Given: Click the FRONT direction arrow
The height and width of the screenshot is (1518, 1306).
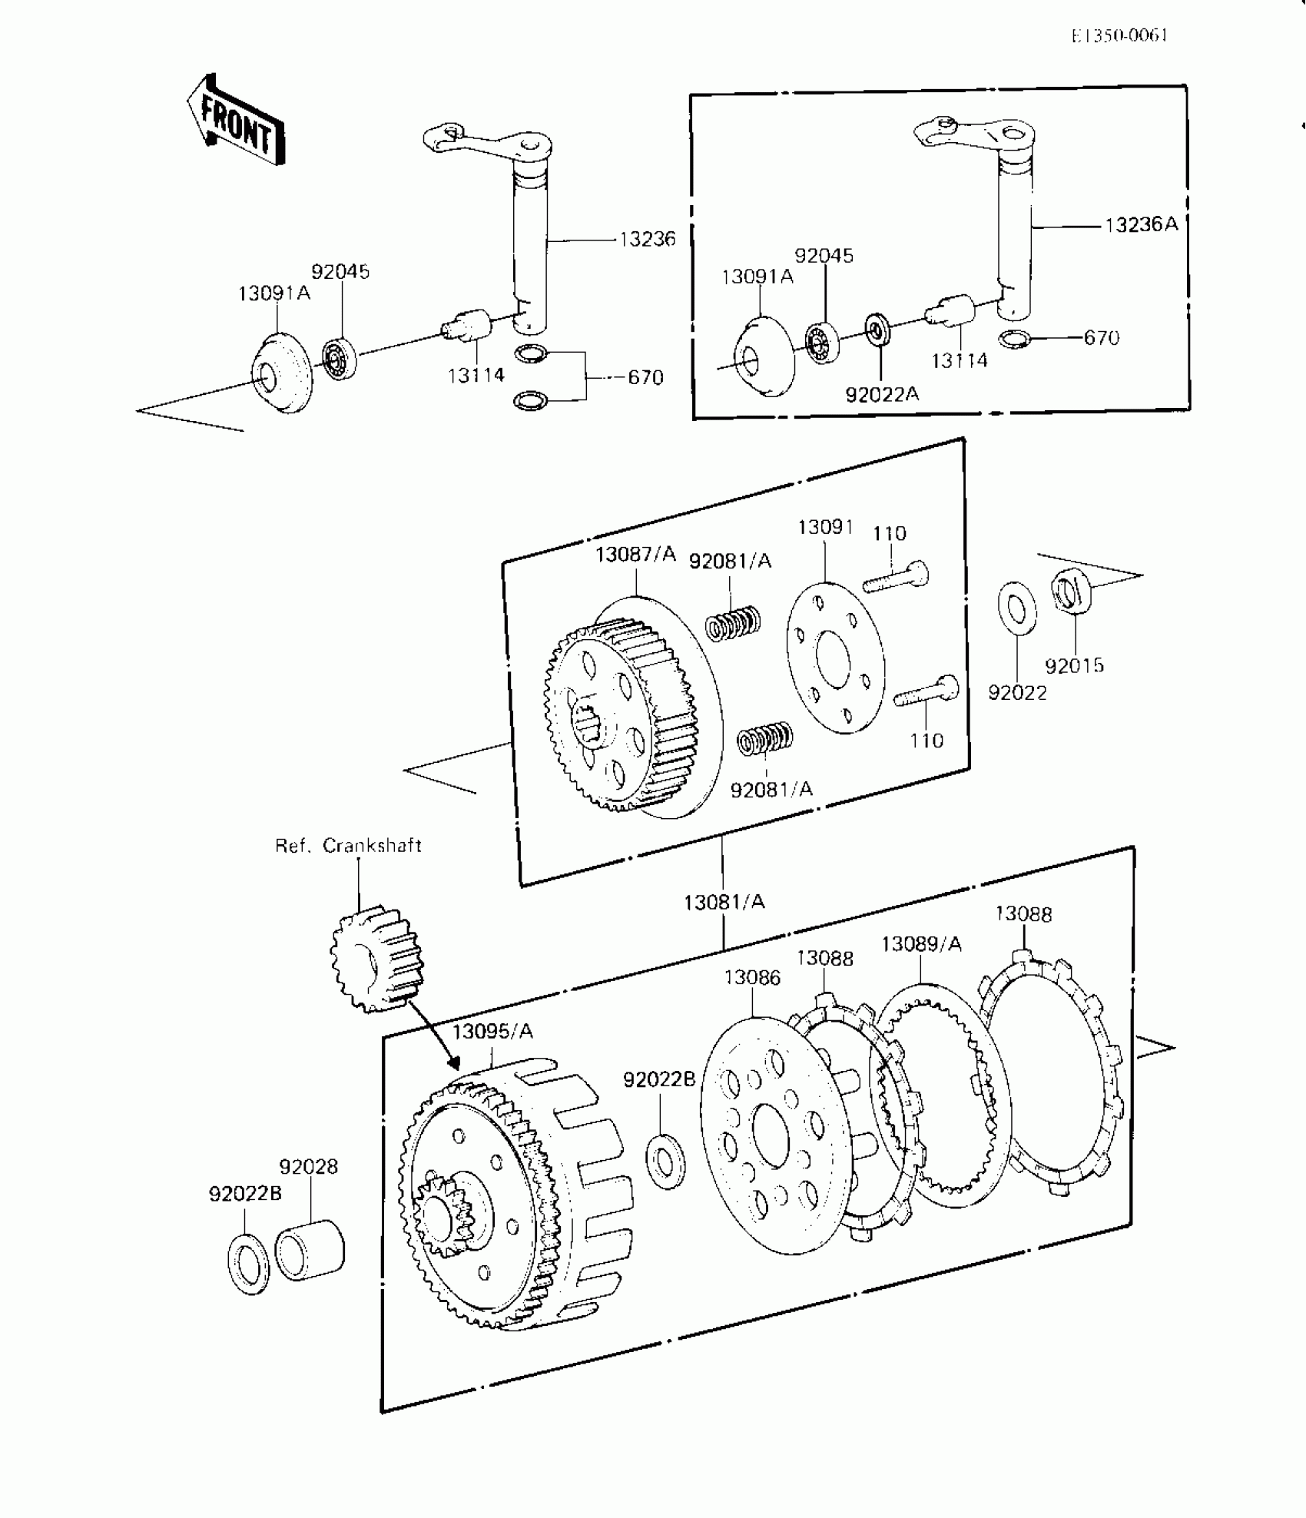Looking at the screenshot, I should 235,121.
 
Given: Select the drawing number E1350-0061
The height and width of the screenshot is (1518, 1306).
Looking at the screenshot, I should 1120,35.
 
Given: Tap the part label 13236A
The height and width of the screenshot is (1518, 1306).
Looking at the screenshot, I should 1141,224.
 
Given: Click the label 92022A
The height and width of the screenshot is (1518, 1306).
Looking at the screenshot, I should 882,394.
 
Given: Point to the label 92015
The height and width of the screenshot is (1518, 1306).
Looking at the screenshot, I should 1074,665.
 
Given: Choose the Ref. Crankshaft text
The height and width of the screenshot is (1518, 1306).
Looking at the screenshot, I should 348,846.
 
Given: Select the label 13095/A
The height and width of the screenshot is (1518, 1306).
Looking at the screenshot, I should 492,1031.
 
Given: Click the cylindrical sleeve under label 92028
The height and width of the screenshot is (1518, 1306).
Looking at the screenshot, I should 310,1251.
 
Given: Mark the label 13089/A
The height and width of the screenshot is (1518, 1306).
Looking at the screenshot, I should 921,943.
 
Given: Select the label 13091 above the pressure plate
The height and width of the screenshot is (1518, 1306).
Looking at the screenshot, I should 826,527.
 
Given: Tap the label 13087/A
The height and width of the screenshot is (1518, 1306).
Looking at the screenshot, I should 635,554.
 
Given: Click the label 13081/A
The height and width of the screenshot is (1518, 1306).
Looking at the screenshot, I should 724,902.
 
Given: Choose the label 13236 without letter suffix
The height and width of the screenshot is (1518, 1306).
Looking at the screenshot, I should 647,239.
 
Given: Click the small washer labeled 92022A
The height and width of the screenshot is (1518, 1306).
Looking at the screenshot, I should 875,329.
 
